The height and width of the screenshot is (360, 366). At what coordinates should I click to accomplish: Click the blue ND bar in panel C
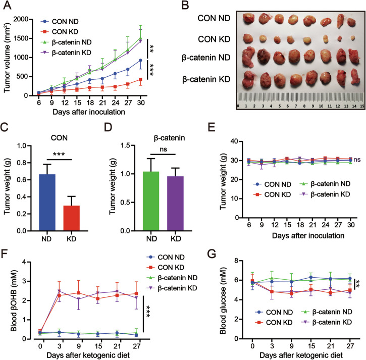(x=47, y=202)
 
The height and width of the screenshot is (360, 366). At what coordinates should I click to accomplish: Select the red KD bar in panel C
(x=71, y=218)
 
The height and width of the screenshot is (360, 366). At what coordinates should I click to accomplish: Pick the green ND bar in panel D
(x=151, y=201)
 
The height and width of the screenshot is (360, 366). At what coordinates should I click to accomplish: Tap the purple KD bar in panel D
(x=175, y=203)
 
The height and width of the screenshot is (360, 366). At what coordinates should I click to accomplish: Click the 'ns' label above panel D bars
(x=164, y=149)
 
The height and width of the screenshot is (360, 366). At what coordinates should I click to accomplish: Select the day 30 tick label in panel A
(x=140, y=102)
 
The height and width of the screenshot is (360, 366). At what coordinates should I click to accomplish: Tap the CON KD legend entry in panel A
(x=61, y=32)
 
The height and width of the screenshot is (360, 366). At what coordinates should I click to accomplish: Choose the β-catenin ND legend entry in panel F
(x=173, y=278)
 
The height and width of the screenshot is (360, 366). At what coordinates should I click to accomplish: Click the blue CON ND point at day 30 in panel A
(x=140, y=61)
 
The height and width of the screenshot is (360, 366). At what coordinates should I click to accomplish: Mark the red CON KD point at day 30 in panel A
(x=140, y=80)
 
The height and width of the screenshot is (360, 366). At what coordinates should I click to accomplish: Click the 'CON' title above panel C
(x=59, y=138)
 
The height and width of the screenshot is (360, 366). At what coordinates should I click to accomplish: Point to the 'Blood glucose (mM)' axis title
(x=223, y=301)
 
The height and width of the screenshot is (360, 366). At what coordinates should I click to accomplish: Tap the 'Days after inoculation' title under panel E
(x=308, y=236)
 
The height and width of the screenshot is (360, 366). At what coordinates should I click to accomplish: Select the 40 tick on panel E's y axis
(x=235, y=141)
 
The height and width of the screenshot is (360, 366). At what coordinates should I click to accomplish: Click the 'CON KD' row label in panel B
(x=214, y=39)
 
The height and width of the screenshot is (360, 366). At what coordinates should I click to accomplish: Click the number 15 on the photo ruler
(x=362, y=106)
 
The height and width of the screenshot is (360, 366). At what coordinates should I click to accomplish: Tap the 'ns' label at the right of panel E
(x=357, y=160)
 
